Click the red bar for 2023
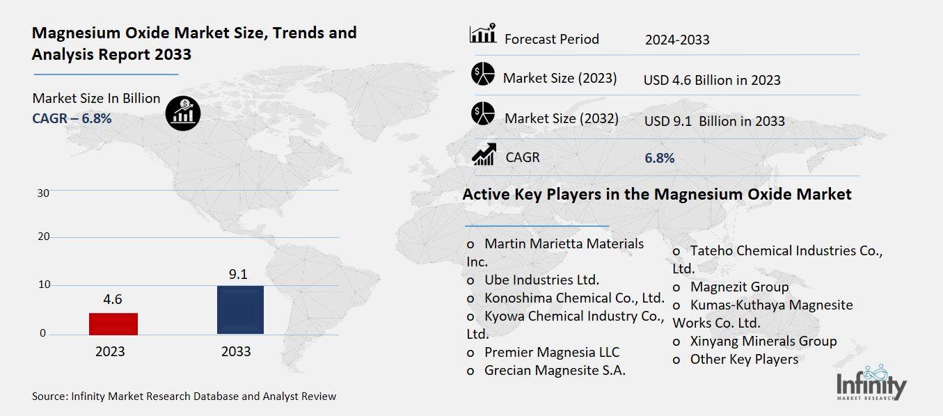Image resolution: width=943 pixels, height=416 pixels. [113, 324]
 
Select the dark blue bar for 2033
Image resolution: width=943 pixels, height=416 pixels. [240, 310]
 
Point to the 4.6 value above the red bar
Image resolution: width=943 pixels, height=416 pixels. [112, 300]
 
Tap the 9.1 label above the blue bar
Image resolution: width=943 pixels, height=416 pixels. [239, 274]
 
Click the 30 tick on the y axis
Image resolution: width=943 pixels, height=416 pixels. [43, 193]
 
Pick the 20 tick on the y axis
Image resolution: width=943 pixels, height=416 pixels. [43, 237]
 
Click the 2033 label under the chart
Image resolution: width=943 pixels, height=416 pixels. [236, 352]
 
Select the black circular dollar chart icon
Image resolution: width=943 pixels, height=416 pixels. [183, 113]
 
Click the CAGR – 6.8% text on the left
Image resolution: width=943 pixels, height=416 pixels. [72, 118]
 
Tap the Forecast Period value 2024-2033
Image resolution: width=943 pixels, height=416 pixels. [676, 40]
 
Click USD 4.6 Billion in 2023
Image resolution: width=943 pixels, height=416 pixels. [712, 80]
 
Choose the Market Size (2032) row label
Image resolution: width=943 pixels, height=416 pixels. [561, 118]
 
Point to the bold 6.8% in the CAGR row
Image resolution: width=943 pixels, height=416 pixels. [659, 158]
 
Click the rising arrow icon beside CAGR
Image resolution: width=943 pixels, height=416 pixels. [484, 154]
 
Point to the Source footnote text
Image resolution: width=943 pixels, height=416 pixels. [184, 397]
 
